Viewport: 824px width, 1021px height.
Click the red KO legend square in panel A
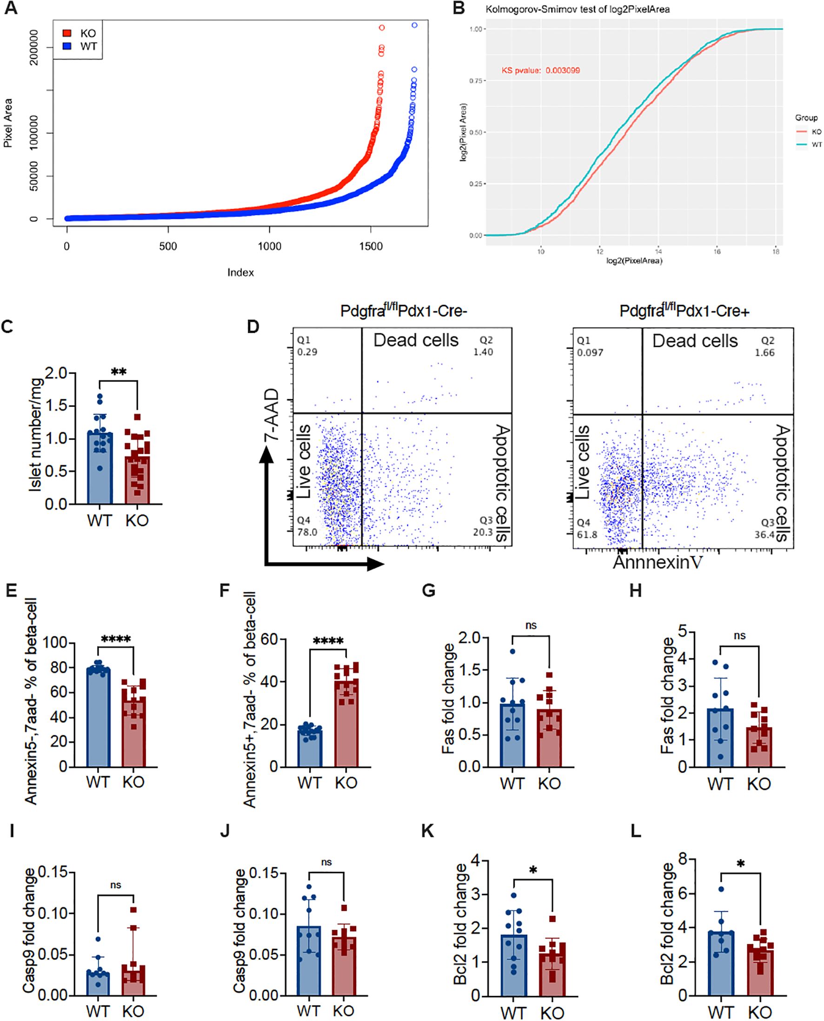coord(67,33)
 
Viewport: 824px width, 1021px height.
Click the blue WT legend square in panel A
coord(67,46)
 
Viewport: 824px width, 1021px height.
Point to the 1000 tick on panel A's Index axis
coord(269,246)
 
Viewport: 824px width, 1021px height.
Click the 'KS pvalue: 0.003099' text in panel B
coord(541,70)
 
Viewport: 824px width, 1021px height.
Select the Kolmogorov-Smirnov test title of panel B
coord(577,9)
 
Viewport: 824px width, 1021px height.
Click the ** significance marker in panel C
coord(118,372)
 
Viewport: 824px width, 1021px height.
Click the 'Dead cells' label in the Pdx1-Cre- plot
coord(416,340)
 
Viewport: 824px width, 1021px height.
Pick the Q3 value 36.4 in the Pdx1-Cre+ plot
coord(764,535)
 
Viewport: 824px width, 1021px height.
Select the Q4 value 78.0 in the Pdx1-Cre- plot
coord(307,532)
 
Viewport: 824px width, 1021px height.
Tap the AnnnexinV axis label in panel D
coord(658,562)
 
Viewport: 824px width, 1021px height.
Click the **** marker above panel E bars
coord(116,640)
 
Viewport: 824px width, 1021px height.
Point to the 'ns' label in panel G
coord(531,626)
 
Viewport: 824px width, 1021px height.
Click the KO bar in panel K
coord(552,969)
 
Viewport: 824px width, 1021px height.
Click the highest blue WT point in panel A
coord(414,25)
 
